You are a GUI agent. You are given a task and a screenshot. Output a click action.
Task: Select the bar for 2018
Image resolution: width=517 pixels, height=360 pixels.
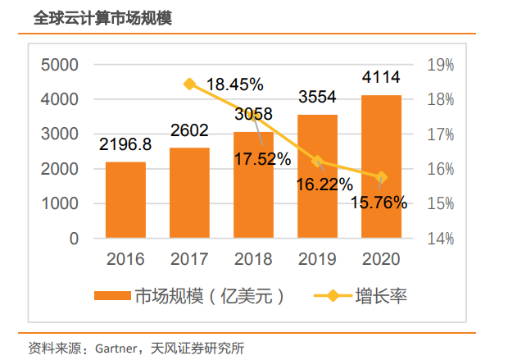click(x=253, y=185)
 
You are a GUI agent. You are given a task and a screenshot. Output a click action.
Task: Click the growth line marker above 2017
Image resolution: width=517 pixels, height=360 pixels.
click(x=190, y=84)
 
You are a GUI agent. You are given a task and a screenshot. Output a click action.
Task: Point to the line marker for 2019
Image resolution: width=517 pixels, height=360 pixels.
click(x=318, y=161)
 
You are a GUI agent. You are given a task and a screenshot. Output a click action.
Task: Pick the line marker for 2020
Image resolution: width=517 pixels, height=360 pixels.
click(x=381, y=177)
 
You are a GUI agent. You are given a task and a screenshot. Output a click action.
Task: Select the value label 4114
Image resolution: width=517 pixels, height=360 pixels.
click(x=381, y=78)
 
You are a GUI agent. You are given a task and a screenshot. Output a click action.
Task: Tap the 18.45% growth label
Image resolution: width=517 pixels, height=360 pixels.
click(x=234, y=84)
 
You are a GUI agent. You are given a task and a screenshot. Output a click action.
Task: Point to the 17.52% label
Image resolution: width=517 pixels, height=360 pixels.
click(x=262, y=159)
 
